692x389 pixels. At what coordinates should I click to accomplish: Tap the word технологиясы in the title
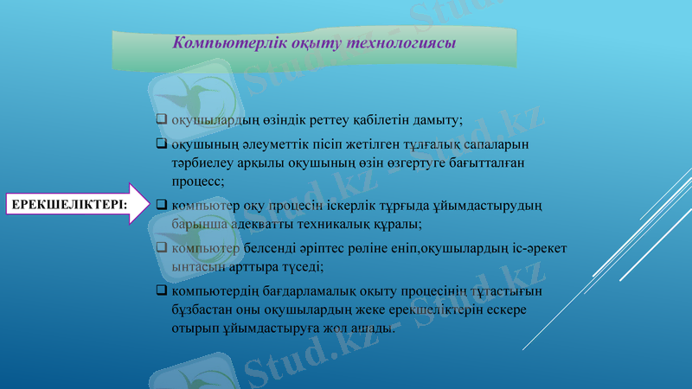click(400, 42)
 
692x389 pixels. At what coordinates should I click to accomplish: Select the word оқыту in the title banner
click(317, 42)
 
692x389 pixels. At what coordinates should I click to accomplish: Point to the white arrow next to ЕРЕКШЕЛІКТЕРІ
click(139, 203)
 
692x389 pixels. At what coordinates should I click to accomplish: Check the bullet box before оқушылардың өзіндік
click(161, 119)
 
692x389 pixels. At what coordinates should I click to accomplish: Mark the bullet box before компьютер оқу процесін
click(161, 206)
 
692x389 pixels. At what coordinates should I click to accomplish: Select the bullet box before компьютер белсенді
click(161, 247)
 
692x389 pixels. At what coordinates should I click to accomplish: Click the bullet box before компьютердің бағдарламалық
click(161, 289)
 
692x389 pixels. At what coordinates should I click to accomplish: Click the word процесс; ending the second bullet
click(198, 182)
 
